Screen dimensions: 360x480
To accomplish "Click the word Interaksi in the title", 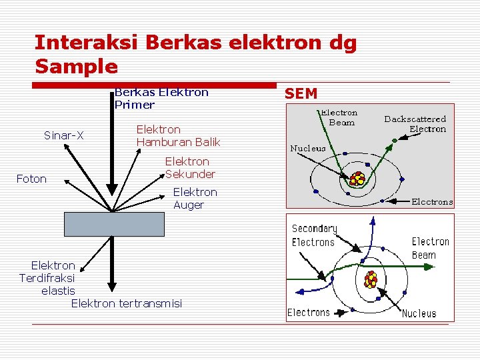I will [85, 43].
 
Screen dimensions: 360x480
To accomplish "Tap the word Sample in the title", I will [76, 67].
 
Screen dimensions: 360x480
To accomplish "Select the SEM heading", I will [301, 93].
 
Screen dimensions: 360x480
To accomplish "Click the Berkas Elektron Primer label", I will [161, 98].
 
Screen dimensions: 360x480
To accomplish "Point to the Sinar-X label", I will [63, 136].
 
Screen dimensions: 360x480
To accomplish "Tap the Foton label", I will [31, 179].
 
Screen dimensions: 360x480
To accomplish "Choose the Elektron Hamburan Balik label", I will [178, 136].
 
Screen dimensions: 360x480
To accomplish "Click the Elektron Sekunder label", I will [189, 168].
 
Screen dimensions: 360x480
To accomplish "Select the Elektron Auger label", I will [195, 199].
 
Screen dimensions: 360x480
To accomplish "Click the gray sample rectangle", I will [113, 224].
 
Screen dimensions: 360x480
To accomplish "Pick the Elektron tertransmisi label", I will [126, 304].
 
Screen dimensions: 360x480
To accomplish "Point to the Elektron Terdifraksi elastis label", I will [49, 278].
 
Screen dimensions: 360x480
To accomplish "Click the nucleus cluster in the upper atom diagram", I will [358, 179].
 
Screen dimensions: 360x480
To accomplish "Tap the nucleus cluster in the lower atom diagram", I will [371, 279].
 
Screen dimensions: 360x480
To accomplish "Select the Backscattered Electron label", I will [415, 124].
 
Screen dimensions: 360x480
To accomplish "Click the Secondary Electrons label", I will [314, 235].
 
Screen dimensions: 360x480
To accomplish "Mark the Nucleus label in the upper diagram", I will [307, 149].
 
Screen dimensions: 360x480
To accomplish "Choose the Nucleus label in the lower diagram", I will [419, 313].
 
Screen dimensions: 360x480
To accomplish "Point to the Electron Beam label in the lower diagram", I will [430, 248].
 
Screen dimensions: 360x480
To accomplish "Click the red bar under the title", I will [155, 85].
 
